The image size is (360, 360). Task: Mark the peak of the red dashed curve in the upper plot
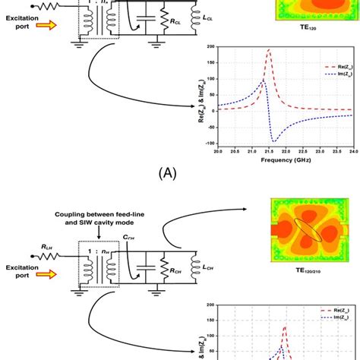tap(269, 51)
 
